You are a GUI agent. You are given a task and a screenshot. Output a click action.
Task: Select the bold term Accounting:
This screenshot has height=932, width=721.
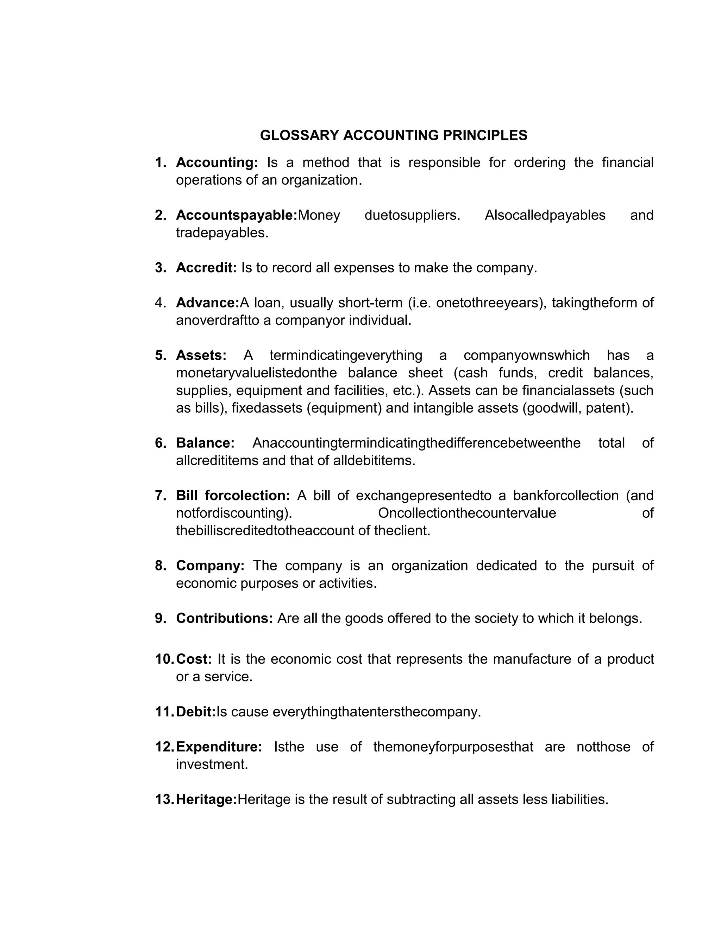pyautogui.click(x=217, y=162)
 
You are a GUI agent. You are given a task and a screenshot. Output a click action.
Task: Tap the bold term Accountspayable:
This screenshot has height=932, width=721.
pyautogui.click(x=236, y=215)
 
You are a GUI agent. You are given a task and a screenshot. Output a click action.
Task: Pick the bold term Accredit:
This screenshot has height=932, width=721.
pyautogui.click(x=206, y=268)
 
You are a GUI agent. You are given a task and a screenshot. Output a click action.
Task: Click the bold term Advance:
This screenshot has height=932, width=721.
pyautogui.click(x=208, y=302)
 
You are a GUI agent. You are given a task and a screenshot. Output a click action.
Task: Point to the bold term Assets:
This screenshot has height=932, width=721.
pyautogui.click(x=201, y=355)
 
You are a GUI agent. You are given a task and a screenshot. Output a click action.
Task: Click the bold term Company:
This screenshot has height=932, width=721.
pyautogui.click(x=210, y=566)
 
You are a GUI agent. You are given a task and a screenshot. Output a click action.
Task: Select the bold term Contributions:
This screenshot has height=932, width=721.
pyautogui.click(x=224, y=618)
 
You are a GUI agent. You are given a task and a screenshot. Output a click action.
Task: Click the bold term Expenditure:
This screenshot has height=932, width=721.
pyautogui.click(x=219, y=747)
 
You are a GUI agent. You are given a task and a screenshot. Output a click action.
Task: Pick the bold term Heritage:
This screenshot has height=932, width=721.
pyautogui.click(x=206, y=799)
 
